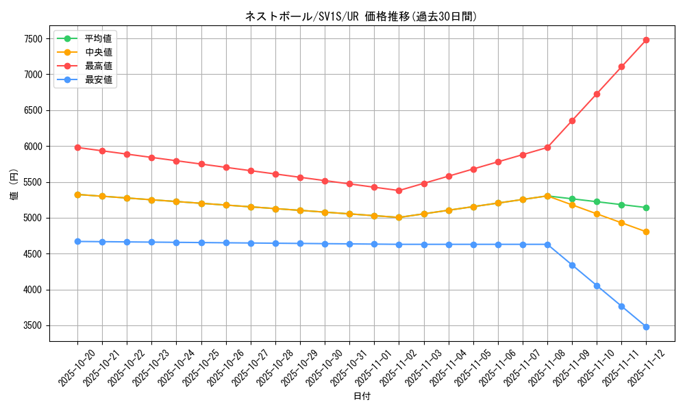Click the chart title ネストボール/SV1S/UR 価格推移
click(361, 16)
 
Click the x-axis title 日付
click(362, 397)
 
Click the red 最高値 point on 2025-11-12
click(646, 40)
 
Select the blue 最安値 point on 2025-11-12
click(646, 327)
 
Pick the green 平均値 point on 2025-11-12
click(646, 208)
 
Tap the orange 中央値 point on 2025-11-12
click(646, 232)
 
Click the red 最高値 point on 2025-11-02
click(399, 190)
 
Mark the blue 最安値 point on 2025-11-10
click(597, 286)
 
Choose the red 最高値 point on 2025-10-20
click(77, 147)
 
